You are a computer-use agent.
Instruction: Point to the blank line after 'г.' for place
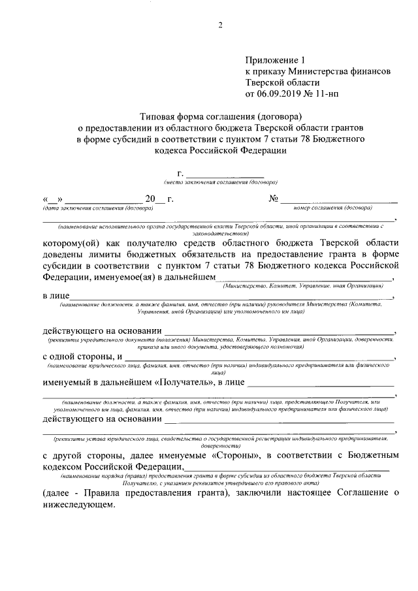click(x=225, y=174)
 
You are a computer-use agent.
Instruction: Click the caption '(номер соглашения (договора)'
click(x=333, y=207)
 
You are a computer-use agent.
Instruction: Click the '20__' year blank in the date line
click(x=154, y=199)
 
